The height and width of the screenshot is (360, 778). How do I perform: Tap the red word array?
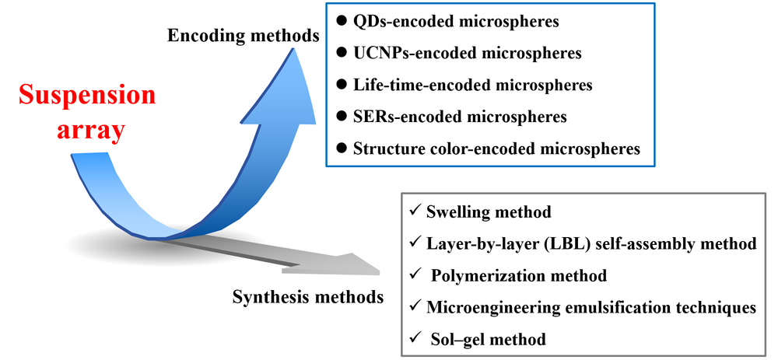point(91,129)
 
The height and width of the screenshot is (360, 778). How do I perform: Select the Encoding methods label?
point(242,35)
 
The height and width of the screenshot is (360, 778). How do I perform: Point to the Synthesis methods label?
point(308,296)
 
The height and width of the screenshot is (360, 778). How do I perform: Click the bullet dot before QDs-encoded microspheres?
point(342,22)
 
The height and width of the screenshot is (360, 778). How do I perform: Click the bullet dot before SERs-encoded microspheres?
point(342,117)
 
